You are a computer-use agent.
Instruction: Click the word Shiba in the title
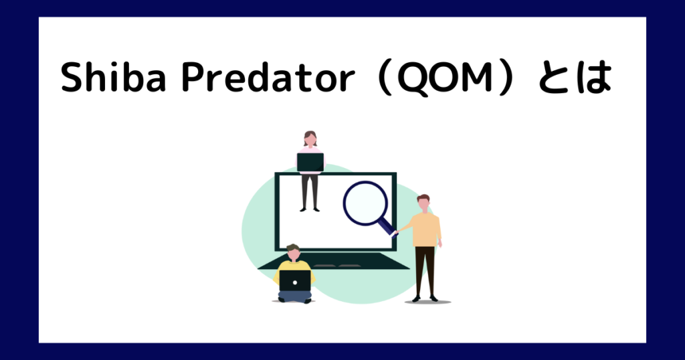114,77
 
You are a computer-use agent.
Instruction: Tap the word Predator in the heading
268,77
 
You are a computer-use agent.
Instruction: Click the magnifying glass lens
365,203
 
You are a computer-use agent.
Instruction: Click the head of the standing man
423,203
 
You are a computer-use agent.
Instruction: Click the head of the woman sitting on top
310,139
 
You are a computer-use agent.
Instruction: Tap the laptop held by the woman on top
310,162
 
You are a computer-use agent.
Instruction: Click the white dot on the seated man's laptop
295,282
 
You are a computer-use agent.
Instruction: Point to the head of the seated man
294,252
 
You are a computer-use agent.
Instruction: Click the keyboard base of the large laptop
334,261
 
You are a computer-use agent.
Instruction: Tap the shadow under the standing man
427,302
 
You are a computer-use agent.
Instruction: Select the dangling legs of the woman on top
310,192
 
